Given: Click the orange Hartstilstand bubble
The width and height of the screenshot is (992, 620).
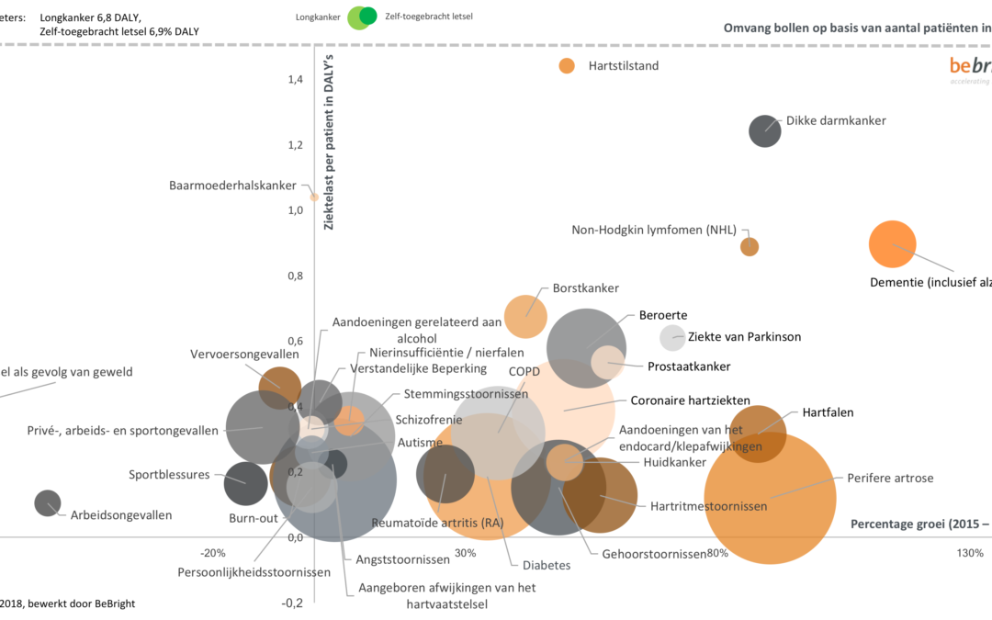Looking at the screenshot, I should (x=567, y=65).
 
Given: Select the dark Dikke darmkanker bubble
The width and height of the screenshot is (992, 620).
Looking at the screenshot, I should (x=764, y=130).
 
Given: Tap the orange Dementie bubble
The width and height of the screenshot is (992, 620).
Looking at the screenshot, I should (x=892, y=244).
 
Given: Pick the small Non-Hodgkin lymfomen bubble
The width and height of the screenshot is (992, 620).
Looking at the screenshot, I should (x=750, y=246).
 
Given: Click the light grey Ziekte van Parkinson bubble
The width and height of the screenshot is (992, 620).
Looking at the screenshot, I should (x=673, y=337).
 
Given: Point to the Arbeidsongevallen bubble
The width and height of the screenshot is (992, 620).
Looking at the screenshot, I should (x=48, y=502).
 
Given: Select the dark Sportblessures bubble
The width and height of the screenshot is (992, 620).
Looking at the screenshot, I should (x=245, y=481).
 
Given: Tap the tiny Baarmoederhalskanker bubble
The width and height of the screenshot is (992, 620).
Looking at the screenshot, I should (x=314, y=197).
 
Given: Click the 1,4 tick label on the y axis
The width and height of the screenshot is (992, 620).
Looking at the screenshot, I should (x=294, y=79).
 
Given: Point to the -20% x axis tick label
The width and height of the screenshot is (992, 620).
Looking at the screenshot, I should (x=213, y=553).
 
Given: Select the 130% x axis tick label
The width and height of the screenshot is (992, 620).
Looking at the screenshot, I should (x=970, y=553).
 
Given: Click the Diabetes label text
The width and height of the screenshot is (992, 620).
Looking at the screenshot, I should (x=547, y=565).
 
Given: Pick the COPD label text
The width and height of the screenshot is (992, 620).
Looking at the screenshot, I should (x=524, y=372).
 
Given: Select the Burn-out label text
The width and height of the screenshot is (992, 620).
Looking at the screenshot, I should (x=254, y=518).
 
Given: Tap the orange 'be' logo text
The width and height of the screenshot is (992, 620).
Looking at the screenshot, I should (x=959, y=65).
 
